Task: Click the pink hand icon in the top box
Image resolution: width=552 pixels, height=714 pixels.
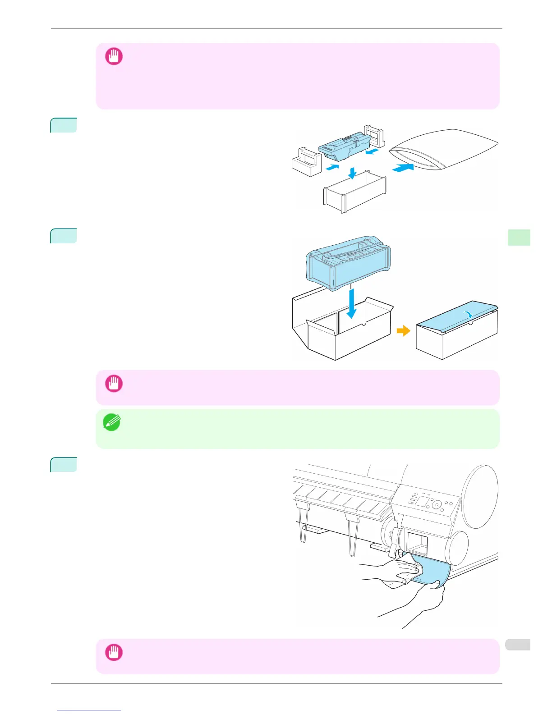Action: pyautogui.click(x=114, y=57)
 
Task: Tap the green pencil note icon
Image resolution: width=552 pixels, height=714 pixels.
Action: pyautogui.click(x=112, y=422)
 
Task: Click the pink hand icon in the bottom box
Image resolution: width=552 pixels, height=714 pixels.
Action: pyautogui.click(x=114, y=652)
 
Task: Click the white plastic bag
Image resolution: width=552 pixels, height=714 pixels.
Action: pyautogui.click(x=444, y=149)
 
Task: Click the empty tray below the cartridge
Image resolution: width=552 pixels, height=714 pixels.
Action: pyautogui.click(x=354, y=192)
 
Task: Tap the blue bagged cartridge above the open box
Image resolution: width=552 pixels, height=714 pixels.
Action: pyautogui.click(x=348, y=262)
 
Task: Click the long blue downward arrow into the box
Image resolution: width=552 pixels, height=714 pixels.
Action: pyautogui.click(x=352, y=303)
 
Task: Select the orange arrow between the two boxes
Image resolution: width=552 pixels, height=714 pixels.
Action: pyautogui.click(x=403, y=331)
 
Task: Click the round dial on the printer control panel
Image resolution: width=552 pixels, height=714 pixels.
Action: pyautogui.click(x=436, y=505)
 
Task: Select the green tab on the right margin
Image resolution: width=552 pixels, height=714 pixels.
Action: pyautogui.click(x=519, y=237)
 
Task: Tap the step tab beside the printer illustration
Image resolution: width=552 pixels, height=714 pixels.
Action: pyautogui.click(x=63, y=464)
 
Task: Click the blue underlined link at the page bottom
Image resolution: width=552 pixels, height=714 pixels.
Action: pyautogui.click(x=90, y=710)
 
